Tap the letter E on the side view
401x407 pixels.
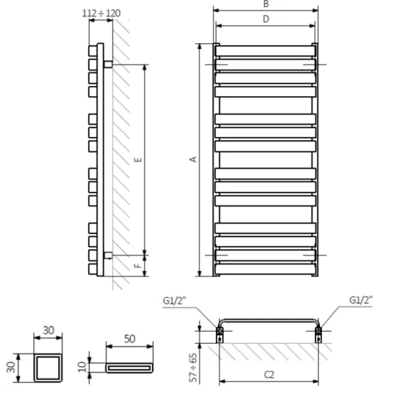138,159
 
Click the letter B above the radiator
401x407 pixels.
266,4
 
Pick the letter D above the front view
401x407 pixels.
266,18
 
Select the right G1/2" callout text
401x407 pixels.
361,299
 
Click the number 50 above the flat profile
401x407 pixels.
130,339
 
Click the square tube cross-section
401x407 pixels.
49,368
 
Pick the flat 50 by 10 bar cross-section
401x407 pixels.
130,368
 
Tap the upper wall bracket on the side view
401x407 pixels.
108,64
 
